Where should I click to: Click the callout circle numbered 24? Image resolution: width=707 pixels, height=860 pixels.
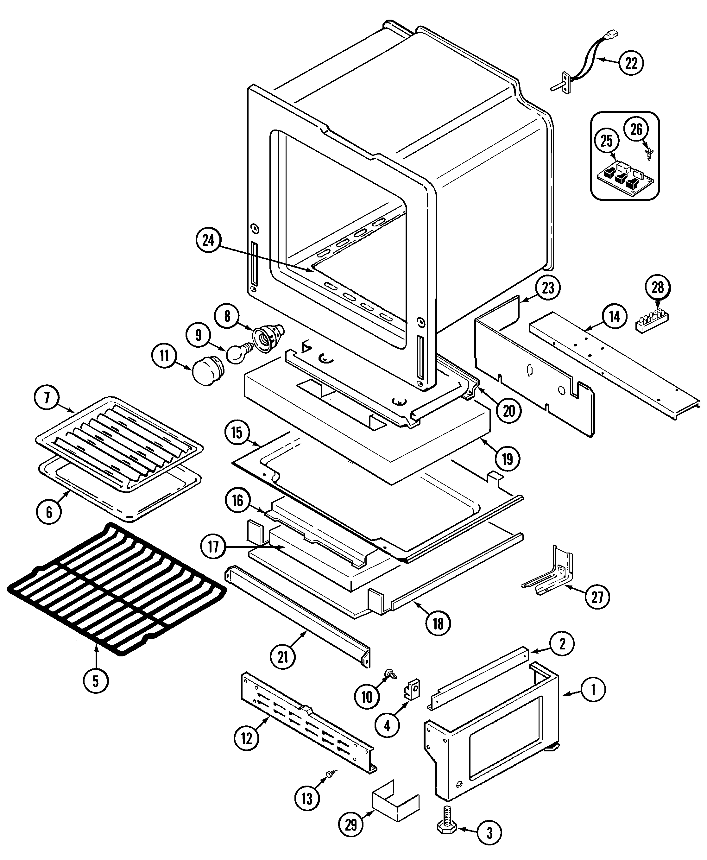[x=209, y=241]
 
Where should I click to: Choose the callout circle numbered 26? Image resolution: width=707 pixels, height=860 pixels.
[x=636, y=130]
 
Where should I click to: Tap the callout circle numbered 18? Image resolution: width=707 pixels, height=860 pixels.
[x=438, y=623]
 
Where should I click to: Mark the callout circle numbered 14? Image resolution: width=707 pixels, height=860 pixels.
[x=615, y=316]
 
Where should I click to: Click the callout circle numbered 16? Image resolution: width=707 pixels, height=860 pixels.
[x=237, y=501]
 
